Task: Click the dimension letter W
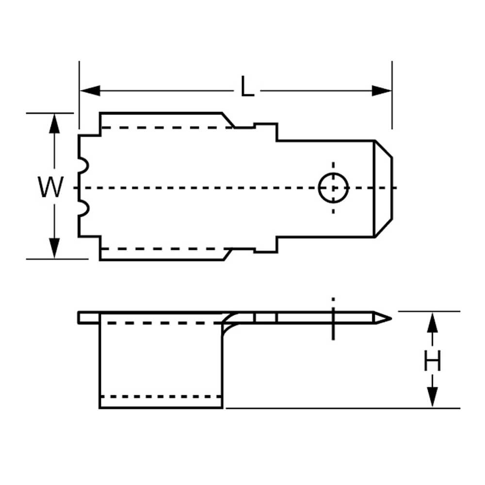tap(51, 187)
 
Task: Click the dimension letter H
tap(432, 361)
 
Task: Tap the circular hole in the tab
tap(334, 188)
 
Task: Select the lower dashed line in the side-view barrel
tap(161, 397)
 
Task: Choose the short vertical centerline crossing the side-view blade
tap(333, 318)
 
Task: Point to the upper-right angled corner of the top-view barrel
tap(228, 120)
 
